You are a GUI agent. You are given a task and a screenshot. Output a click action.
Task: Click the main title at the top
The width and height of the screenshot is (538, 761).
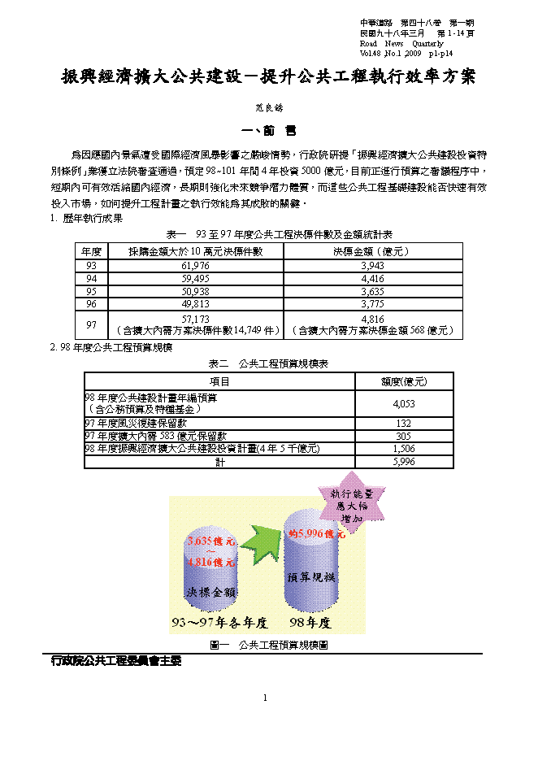(268, 77)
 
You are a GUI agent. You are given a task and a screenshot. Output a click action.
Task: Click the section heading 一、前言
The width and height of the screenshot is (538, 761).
(269, 130)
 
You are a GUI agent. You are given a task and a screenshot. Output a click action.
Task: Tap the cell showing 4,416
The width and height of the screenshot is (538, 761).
(373, 277)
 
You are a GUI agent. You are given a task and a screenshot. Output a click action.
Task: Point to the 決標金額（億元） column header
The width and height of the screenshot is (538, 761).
(373, 251)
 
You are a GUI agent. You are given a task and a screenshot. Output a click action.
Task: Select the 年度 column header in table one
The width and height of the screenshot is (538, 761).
(90, 251)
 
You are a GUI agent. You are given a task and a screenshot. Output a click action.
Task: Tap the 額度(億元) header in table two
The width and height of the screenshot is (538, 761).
(404, 380)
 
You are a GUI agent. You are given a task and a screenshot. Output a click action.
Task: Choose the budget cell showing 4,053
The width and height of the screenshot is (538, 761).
(404, 403)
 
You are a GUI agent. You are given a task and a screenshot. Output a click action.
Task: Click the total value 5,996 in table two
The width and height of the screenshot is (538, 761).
(404, 461)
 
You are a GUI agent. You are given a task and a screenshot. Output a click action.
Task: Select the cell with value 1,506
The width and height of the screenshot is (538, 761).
(404, 448)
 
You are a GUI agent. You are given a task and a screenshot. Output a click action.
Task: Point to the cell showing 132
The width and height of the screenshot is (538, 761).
(404, 424)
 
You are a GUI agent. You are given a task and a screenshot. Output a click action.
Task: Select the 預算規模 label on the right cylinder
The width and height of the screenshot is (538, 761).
(314, 576)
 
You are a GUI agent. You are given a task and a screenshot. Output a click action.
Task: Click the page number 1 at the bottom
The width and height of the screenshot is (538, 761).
(265, 698)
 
